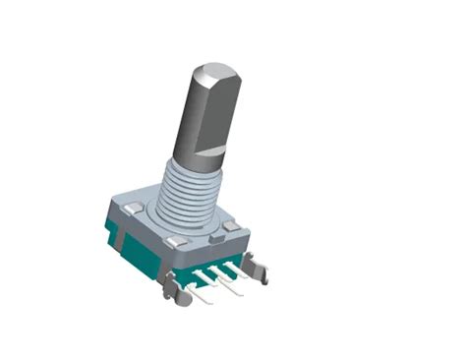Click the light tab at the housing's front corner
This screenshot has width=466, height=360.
pos(178,242)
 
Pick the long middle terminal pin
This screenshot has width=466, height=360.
pos(227,288)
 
